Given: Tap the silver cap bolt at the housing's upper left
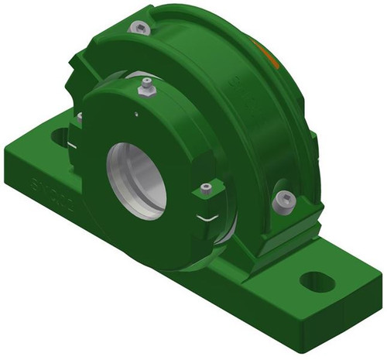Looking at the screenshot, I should (140, 29).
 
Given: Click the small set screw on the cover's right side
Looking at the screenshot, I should (205, 188).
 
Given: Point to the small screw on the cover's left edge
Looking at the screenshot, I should (79, 117).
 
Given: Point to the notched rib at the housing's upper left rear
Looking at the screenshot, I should (85, 58).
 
